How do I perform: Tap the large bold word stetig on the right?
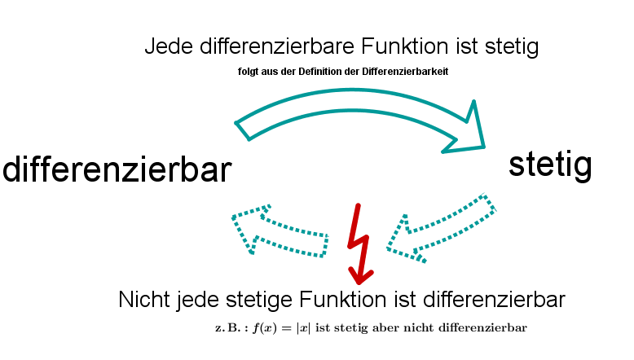tap(550, 165)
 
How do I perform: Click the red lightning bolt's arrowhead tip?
tap(359, 283)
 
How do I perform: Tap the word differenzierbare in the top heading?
tap(277, 46)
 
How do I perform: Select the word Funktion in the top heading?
tap(405, 46)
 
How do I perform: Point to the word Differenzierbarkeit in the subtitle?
tap(405, 72)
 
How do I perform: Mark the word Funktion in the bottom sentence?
tap(342, 300)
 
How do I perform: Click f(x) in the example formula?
tap(265, 327)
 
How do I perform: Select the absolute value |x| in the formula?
tap(304, 327)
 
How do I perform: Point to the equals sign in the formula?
tap(287, 327)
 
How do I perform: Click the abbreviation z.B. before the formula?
tap(231, 327)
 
